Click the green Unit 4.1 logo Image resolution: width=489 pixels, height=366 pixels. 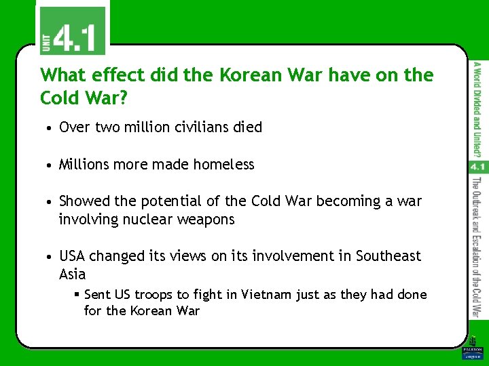(71, 30)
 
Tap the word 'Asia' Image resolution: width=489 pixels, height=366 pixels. (73, 274)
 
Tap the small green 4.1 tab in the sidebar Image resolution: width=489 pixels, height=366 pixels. (478, 166)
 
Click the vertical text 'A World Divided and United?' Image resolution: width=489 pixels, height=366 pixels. (478, 107)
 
